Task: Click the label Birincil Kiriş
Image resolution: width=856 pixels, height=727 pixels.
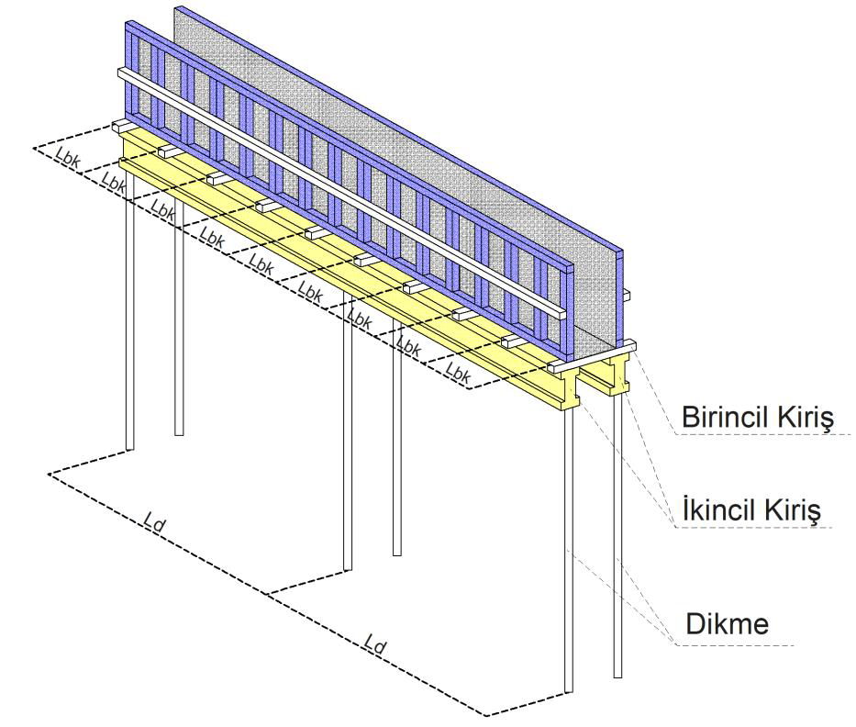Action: pos(755,419)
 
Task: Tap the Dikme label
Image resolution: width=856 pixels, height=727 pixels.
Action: pos(727,625)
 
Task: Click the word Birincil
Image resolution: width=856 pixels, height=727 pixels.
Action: pos(723,419)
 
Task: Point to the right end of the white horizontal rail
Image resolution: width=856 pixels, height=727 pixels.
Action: pos(557,309)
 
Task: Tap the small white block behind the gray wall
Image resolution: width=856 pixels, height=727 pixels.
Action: pos(627,294)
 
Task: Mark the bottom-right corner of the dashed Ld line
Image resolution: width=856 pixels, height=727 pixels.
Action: pos(486,714)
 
